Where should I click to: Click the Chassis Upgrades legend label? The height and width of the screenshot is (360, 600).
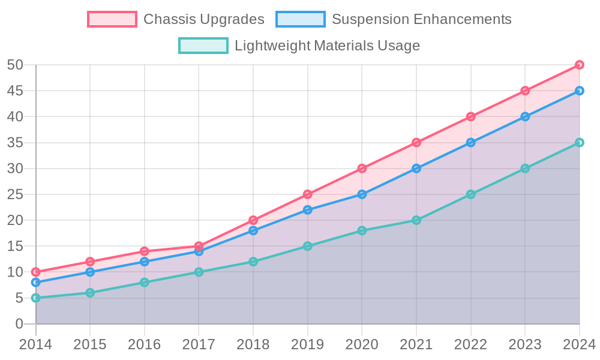(x=204, y=19)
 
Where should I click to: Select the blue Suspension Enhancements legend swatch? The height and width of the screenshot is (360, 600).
(x=301, y=19)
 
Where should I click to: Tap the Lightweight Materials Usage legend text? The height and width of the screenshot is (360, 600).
(x=327, y=46)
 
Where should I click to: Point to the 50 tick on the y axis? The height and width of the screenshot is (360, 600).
(x=15, y=65)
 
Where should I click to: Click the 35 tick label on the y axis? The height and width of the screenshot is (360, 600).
(x=15, y=143)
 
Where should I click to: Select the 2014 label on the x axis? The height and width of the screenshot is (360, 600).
(x=35, y=344)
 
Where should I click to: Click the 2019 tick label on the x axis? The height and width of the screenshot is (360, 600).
(x=307, y=344)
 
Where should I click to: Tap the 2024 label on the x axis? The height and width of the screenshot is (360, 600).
(x=579, y=344)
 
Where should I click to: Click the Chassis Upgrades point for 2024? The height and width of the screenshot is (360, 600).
(x=580, y=65)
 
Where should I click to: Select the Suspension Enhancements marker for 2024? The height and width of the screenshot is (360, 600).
(x=580, y=91)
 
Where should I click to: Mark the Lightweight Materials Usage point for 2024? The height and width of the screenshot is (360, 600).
(x=580, y=143)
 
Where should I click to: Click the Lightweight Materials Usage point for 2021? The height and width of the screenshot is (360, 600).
(x=416, y=220)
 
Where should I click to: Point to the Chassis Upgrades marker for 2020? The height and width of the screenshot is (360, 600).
(x=362, y=169)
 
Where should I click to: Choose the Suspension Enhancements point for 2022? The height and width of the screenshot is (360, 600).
(x=471, y=143)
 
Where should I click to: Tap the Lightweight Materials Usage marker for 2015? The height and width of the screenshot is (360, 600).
(x=90, y=293)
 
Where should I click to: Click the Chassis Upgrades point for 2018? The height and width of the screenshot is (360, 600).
(x=253, y=220)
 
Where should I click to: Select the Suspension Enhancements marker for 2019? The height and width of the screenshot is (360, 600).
(x=308, y=210)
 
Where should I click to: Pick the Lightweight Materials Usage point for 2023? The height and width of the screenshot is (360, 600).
(x=525, y=169)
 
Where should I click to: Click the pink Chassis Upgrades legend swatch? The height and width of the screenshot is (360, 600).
(x=112, y=19)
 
